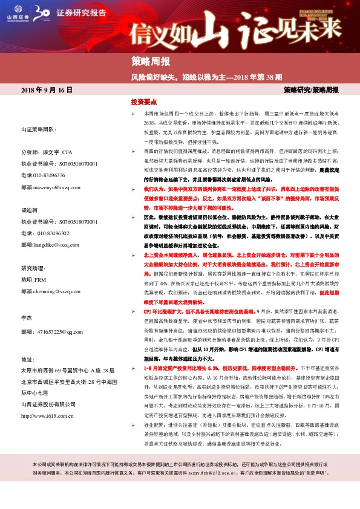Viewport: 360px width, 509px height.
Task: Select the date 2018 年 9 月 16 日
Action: tap(47, 90)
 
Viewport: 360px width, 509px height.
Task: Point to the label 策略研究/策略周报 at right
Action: tap(311, 90)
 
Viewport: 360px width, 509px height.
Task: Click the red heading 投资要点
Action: tap(144, 103)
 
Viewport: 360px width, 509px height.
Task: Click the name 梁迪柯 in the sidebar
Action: tap(30, 211)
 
